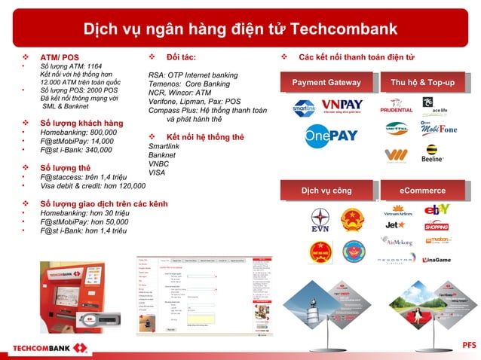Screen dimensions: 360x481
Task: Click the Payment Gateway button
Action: click(x=326, y=82)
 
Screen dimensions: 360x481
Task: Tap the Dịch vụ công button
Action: click(x=326, y=191)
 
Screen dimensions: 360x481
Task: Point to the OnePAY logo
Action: click(x=331, y=136)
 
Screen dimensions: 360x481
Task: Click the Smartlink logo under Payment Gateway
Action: click(x=304, y=108)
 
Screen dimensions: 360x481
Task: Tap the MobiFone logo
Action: click(x=439, y=129)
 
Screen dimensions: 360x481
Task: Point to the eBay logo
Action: click(x=438, y=209)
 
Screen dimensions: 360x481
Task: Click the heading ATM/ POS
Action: click(x=60, y=57)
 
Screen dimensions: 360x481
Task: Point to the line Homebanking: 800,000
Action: click(x=78, y=132)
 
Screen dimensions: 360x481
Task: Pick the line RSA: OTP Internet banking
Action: click(x=193, y=75)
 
